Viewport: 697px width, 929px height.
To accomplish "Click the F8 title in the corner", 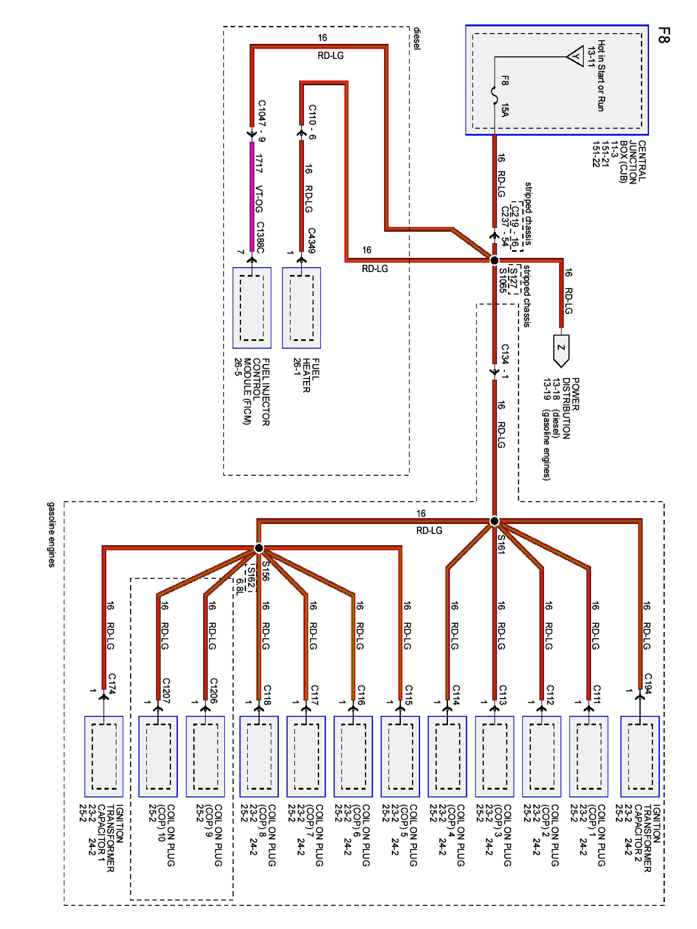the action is [x=664, y=35].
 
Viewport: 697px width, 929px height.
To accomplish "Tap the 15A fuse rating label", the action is [x=505, y=110].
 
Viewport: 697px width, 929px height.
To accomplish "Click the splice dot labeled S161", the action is [x=494, y=521].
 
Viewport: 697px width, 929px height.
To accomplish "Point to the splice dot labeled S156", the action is [x=259, y=548].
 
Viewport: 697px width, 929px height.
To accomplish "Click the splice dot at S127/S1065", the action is [x=494, y=260].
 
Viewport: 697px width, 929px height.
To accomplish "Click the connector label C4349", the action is [x=311, y=240].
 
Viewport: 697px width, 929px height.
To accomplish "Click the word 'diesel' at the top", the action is [x=416, y=39].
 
